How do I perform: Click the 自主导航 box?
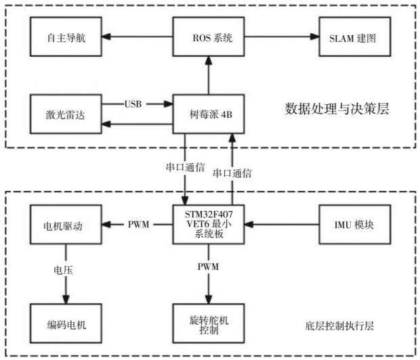click(66, 37)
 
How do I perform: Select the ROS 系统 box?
click(209, 37)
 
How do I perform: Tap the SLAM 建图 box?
click(355, 37)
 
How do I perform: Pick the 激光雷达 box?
click(66, 114)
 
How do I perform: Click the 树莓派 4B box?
click(209, 114)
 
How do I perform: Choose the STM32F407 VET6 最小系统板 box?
click(209, 224)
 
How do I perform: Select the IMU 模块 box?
click(355, 224)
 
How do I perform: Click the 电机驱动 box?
click(66, 224)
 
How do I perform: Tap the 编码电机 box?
click(66, 323)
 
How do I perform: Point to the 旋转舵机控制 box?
click(209, 323)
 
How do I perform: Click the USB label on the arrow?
click(133, 104)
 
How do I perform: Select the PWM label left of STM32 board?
click(138, 224)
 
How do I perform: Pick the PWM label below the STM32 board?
click(208, 267)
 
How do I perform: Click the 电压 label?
click(63, 270)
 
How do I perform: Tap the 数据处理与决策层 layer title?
click(337, 109)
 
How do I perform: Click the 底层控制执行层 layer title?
click(339, 326)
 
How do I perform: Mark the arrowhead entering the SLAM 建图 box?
click(314, 37)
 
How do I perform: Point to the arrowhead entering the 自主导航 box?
click(106, 37)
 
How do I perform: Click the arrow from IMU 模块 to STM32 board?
click(282, 224)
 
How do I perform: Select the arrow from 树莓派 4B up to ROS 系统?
click(209, 75)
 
